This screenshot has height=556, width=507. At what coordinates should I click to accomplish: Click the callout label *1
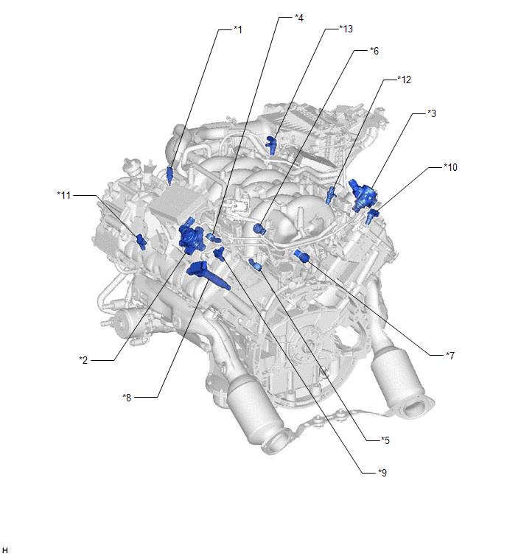tap(238, 29)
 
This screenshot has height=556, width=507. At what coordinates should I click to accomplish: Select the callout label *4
tap(299, 18)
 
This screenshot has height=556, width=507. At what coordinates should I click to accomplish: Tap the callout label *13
tap(346, 29)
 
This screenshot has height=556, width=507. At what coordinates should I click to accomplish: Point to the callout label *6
tap(374, 51)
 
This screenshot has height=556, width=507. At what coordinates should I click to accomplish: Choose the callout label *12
tap(404, 80)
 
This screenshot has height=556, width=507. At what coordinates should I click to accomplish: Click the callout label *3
tap(431, 113)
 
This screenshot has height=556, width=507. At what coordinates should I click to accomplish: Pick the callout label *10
tap(450, 167)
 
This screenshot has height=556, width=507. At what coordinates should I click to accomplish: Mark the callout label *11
tap(64, 195)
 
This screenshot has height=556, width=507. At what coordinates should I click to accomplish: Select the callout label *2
tap(83, 360)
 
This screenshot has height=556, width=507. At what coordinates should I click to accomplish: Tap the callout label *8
tap(127, 398)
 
